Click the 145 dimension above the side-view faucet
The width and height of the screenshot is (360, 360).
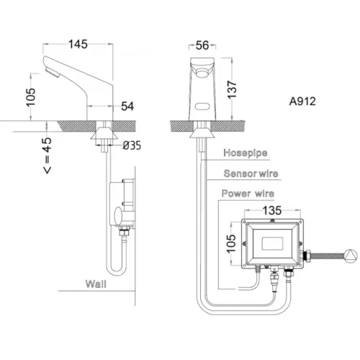[x=78, y=45]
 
